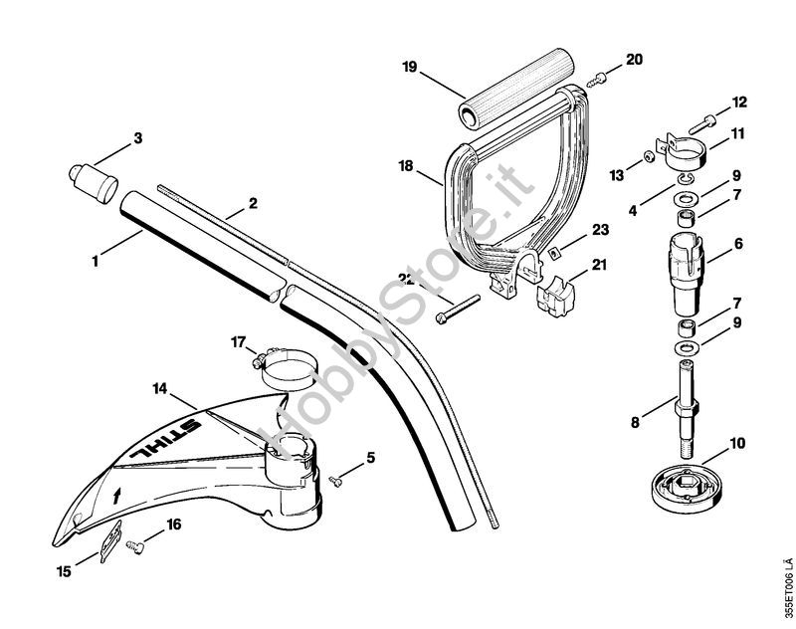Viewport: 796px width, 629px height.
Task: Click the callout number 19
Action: coord(408,68)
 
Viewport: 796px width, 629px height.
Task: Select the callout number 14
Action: coord(161,387)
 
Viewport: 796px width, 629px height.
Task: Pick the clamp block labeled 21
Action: coord(557,297)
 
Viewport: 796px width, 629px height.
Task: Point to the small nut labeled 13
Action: coord(647,156)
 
